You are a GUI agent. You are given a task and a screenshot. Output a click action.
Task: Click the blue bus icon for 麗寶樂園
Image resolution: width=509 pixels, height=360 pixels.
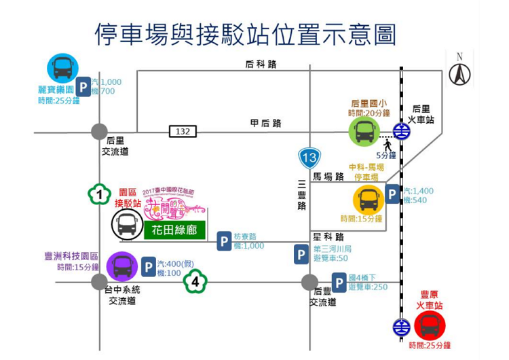(62, 68)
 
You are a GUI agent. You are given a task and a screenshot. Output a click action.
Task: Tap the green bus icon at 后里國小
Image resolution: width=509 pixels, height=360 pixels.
(364, 131)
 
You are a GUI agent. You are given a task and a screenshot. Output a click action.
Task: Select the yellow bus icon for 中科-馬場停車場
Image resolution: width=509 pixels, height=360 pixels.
(369, 200)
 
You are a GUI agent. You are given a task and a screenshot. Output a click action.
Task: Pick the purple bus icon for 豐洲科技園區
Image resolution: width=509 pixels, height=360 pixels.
(122, 266)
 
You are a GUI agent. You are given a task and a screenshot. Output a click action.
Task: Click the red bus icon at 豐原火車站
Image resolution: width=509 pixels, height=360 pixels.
(429, 325)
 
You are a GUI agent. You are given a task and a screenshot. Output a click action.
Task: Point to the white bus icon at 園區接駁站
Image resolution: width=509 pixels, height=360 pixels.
(128, 224)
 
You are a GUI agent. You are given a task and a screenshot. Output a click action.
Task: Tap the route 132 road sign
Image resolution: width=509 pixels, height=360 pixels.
(183, 131)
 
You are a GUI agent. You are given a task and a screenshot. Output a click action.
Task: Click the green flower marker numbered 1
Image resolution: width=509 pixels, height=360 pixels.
(100, 195)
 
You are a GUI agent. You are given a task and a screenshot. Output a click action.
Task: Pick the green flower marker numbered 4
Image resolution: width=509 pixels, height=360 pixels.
(195, 281)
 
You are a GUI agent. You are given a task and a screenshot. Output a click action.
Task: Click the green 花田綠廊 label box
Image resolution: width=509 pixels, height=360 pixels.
(174, 230)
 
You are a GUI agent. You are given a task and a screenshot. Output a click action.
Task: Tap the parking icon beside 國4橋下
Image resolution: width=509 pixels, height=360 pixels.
(339, 283)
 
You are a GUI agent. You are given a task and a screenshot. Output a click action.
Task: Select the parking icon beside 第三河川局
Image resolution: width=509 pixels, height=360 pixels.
(301, 254)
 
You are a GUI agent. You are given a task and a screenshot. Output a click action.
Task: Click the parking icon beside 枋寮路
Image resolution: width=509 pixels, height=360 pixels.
(225, 241)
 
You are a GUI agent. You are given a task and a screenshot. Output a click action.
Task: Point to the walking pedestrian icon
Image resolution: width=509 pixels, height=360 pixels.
(388, 145)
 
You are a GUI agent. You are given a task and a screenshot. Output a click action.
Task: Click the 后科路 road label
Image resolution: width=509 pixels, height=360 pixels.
(261, 65)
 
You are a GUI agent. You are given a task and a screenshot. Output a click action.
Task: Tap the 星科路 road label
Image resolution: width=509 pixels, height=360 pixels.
(328, 237)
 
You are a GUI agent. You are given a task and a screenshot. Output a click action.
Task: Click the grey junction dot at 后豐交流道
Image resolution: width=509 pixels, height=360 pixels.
(309, 282)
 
